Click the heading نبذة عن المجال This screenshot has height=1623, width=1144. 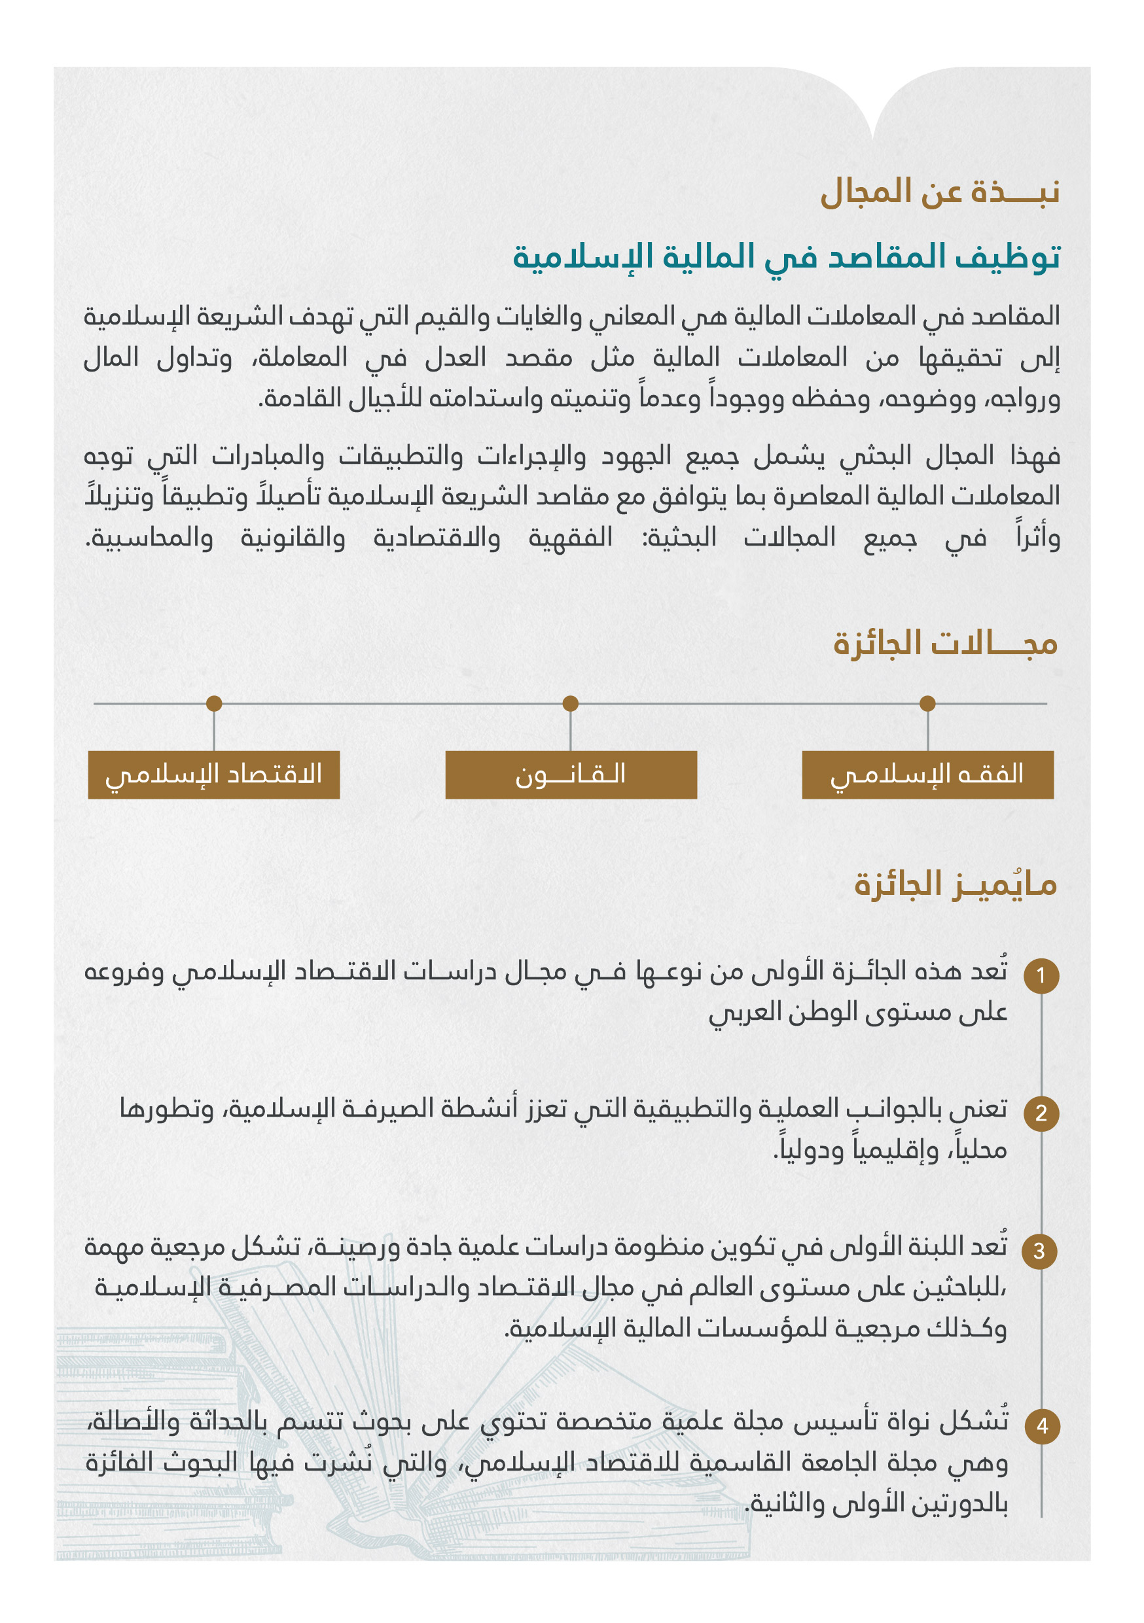coord(939,192)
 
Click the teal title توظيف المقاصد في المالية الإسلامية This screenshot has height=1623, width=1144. coord(785,256)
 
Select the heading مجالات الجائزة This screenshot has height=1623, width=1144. coord(944,643)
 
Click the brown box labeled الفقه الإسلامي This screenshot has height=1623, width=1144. coord(927,775)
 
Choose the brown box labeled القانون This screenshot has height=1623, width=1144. coord(571,775)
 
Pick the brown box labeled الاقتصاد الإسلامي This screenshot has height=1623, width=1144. coord(213,775)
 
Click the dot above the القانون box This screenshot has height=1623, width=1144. coord(571,703)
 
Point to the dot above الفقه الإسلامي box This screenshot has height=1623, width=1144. coord(927,703)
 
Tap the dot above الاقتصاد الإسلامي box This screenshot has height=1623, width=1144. coord(214,703)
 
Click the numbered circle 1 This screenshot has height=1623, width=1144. coord(1041,975)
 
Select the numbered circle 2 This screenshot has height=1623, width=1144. coord(1041,1113)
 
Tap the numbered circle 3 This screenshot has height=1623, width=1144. coord(1039,1251)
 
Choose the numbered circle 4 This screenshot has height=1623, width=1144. coord(1041,1426)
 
